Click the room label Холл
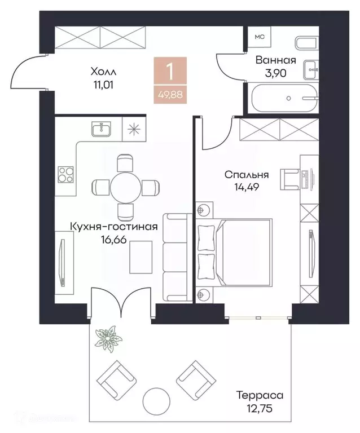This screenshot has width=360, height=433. tap(103, 72)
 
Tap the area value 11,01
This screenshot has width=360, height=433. tap(103, 85)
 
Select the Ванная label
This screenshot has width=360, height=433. tap(275, 60)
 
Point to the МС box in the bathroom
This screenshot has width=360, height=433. tap(260, 37)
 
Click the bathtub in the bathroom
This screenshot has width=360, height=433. tap(286, 98)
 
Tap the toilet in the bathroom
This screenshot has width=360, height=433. tap(306, 43)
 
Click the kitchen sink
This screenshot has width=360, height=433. tap(101, 129)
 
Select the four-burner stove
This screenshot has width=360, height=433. tap(65, 175)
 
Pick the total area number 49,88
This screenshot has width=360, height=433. tap(170, 95)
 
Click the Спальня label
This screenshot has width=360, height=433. tap(247, 175)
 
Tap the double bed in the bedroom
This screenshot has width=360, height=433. tap(234, 252)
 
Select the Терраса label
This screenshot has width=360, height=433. tap(260, 395)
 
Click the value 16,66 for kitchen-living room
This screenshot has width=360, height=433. tap(114, 239)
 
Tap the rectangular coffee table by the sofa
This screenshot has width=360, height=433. tap(141, 257)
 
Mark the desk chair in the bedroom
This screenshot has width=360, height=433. tap(289, 179)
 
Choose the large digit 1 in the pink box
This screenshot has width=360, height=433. tap(170, 71)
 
